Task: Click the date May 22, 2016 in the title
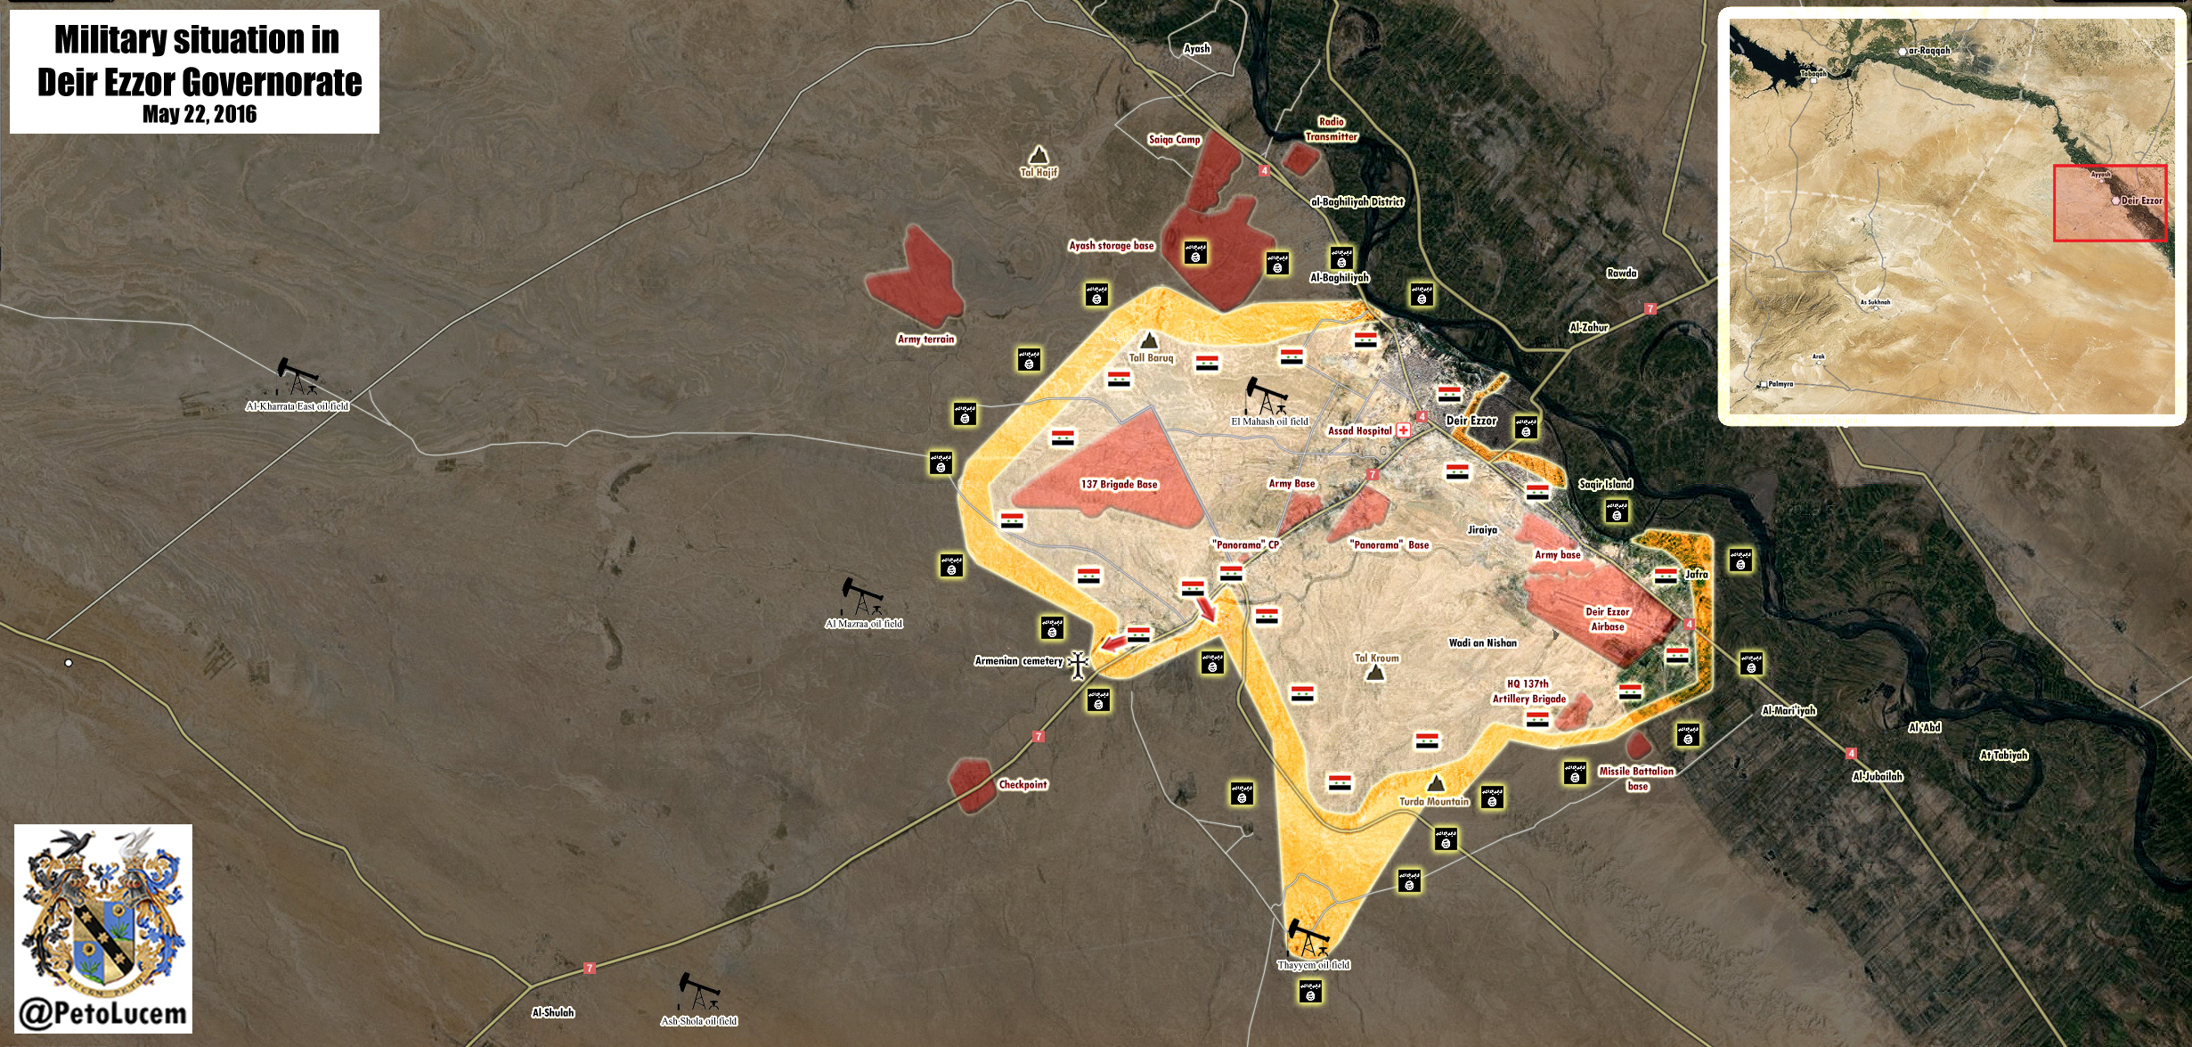pyautogui.click(x=199, y=115)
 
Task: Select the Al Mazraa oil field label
pyautogui.click(x=863, y=624)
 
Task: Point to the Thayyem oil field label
pyautogui.click(x=1313, y=965)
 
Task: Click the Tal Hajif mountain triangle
pyautogui.click(x=1038, y=156)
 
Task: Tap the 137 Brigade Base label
pyautogui.click(x=1119, y=485)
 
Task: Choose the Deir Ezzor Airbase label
pyautogui.click(x=1607, y=619)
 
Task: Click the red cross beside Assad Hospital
pyautogui.click(x=1404, y=430)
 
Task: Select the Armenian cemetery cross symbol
pyautogui.click(x=1078, y=664)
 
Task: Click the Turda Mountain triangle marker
pyautogui.click(x=1435, y=783)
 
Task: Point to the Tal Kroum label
pyautogui.click(x=1376, y=658)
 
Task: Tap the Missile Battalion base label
pyautogui.click(x=1636, y=778)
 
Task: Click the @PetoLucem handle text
pyautogui.click(x=102, y=1014)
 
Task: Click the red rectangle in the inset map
pyautogui.click(x=2109, y=203)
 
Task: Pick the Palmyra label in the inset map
pyautogui.click(x=1780, y=384)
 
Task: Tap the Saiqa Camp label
pyautogui.click(x=1174, y=140)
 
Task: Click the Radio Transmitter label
pyautogui.click(x=1331, y=129)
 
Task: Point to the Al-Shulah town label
pyautogui.click(x=553, y=1013)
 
